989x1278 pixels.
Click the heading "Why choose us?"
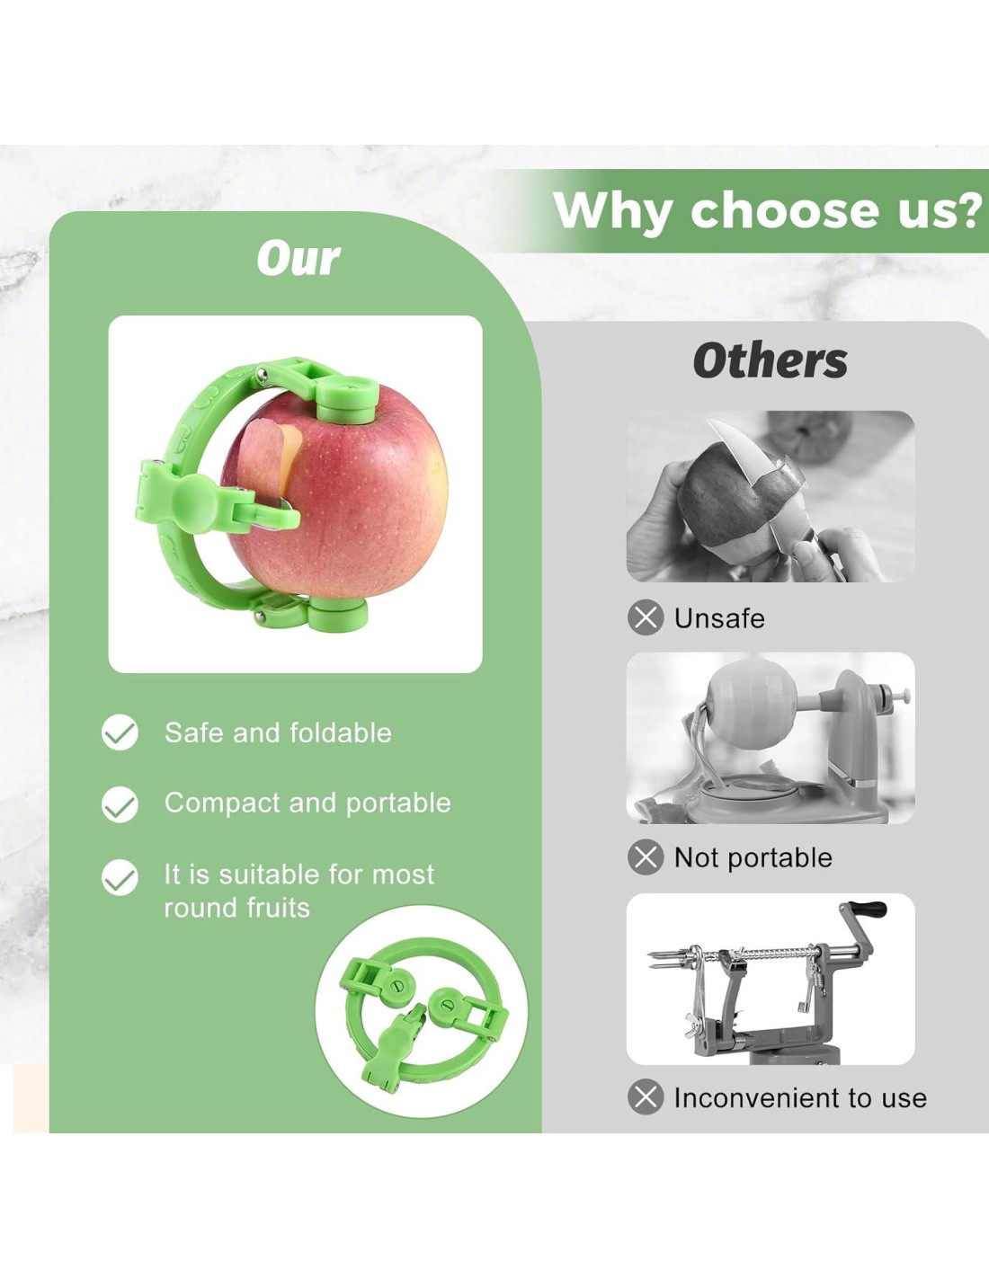click(768, 210)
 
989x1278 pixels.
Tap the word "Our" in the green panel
click(298, 260)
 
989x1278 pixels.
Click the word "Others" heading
click(771, 360)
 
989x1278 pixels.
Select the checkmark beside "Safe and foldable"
click(120, 732)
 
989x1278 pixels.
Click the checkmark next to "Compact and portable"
click(120, 804)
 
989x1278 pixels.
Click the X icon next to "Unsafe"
click(646, 618)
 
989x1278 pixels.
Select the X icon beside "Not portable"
click(646, 857)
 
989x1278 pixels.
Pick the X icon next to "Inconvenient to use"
click(646, 1097)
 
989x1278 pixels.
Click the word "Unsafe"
click(719, 618)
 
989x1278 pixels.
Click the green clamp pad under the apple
click(338, 613)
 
